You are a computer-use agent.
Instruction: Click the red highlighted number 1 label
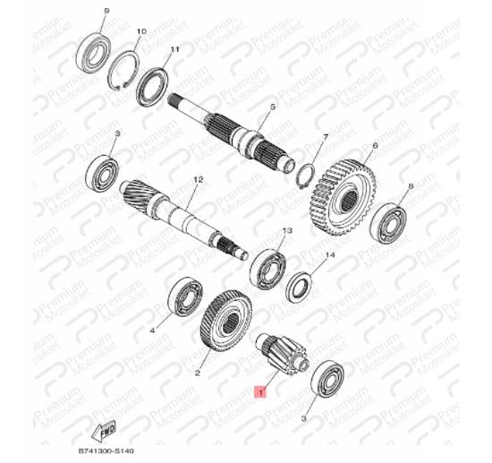pos(260,392)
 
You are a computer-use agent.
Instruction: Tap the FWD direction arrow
pos(104,431)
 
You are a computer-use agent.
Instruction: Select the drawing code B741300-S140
pos(106,451)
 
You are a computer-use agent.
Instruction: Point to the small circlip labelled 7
pos(306,176)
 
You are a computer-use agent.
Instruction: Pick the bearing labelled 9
pos(93,52)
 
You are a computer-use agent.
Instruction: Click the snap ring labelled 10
pos(123,70)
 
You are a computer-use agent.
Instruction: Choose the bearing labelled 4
pos(185,296)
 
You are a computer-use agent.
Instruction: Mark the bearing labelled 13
pos(268,269)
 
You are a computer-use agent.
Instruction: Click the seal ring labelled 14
pos(300,287)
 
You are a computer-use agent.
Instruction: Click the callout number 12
pos(199,180)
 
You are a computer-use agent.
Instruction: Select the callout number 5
pos(272,107)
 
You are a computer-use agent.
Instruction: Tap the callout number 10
pos(141,31)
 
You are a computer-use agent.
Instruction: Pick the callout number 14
pos(330,254)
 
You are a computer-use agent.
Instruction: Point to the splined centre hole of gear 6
pos(350,201)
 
